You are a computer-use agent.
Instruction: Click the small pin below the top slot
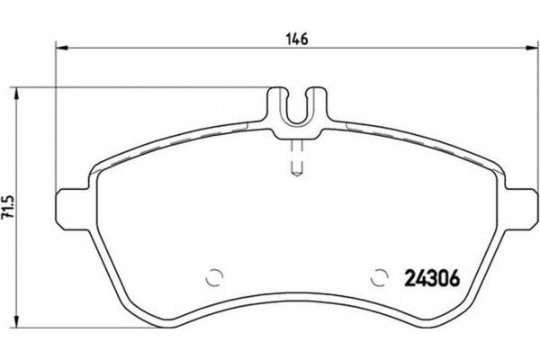pyautogui.click(x=298, y=161)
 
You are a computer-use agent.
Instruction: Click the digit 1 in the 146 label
pyautogui.click(x=291, y=39)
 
